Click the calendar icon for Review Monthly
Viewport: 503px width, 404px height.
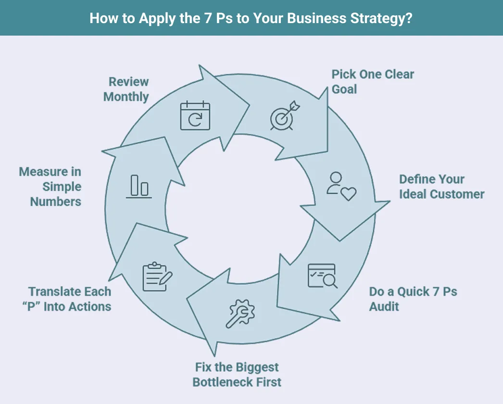click(195, 116)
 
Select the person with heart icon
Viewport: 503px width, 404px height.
click(341, 186)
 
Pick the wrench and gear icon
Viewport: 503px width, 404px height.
click(241, 313)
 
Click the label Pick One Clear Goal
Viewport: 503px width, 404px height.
click(373, 82)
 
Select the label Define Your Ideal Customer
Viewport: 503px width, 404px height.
click(441, 187)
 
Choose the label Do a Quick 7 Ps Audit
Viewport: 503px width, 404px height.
click(413, 299)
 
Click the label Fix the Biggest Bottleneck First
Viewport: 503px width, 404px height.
click(237, 375)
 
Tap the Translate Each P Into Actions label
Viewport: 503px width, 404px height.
click(70, 299)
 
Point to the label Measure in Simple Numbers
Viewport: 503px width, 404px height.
click(50, 187)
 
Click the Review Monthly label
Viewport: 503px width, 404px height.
click(126, 89)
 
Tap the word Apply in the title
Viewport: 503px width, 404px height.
click(155, 18)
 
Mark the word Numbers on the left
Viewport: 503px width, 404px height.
click(56, 202)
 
